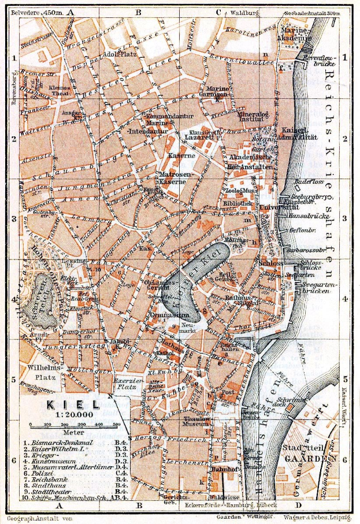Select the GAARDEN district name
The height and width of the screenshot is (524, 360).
[x=308, y=458]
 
